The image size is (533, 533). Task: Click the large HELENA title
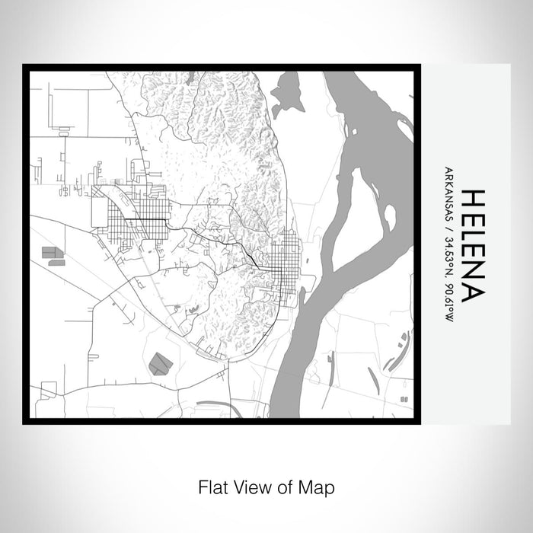[470, 244]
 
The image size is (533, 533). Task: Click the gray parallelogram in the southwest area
[160, 363]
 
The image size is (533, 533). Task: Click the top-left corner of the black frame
[26, 68]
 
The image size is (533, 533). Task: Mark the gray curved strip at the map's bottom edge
[217, 405]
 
